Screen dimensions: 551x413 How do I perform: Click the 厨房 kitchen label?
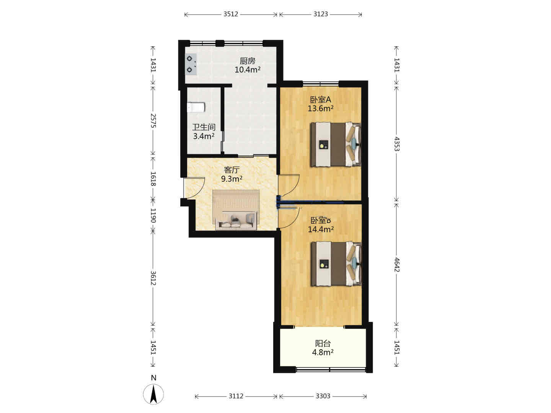[x=247, y=61]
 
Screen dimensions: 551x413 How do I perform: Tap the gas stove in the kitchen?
[x=191, y=64]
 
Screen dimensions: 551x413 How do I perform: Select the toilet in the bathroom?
[x=196, y=107]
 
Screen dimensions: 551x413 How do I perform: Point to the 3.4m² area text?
[x=204, y=136]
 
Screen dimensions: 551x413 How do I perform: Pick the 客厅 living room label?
[x=231, y=170]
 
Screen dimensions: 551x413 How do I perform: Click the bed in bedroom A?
[x=336, y=145]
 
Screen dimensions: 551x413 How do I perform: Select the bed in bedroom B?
[x=336, y=264]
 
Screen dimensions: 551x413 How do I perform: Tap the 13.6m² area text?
[x=321, y=109]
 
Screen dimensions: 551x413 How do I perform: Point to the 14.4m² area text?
[x=321, y=229]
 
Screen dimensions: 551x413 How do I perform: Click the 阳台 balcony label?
[x=323, y=343]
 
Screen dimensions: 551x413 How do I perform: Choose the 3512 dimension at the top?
[x=231, y=14]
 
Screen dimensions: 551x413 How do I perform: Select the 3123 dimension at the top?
[x=321, y=14]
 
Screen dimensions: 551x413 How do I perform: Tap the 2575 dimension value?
[x=153, y=120]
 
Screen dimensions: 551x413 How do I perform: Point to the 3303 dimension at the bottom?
[x=323, y=396]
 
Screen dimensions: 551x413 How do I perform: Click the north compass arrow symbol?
[x=153, y=394]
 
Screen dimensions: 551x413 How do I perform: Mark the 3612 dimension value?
[x=153, y=278]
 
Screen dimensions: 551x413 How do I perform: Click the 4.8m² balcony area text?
[x=323, y=352]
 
